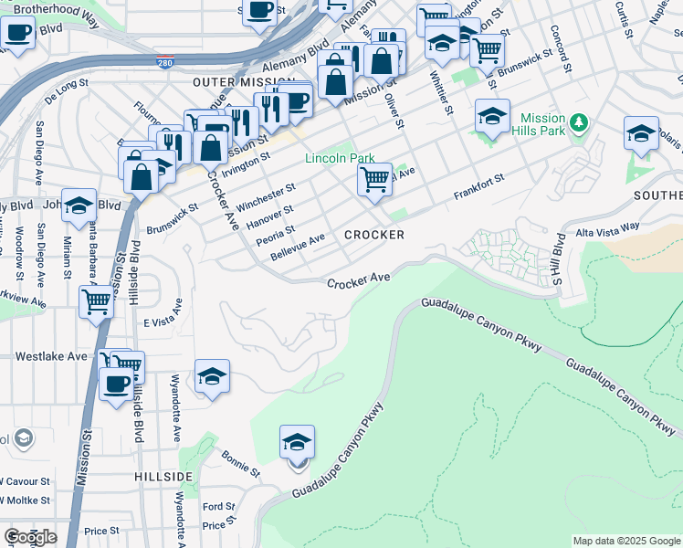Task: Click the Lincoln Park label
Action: (x=340, y=158)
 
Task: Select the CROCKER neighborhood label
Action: (x=373, y=235)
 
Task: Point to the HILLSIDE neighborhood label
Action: (x=163, y=477)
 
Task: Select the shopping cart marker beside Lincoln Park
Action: (x=374, y=181)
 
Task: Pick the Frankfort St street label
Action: (x=479, y=189)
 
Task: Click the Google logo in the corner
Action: (x=29, y=536)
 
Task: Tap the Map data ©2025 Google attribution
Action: (x=625, y=541)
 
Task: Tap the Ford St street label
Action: (x=219, y=507)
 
